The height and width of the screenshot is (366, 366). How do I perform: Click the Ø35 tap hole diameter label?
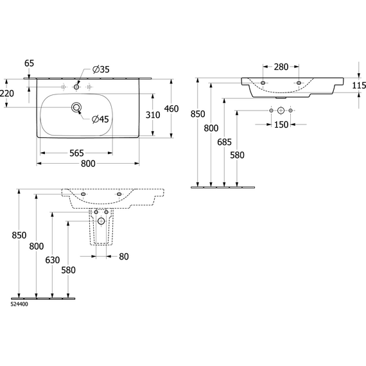click(x=101, y=69)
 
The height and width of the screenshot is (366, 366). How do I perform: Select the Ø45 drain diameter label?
click(x=100, y=119)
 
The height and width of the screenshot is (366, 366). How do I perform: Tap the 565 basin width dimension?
click(x=76, y=153)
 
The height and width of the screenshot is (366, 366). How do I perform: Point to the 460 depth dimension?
click(x=171, y=109)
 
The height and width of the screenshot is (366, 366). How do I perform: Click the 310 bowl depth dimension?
click(x=153, y=115)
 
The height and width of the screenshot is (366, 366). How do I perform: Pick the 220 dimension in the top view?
click(x=7, y=93)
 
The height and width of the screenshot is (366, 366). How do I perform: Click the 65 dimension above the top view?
click(x=29, y=63)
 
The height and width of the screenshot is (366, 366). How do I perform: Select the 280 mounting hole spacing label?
click(x=281, y=67)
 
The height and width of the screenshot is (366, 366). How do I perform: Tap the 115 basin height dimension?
click(x=359, y=85)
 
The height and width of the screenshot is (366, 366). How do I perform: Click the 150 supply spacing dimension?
click(x=281, y=125)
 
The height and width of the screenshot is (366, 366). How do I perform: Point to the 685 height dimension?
click(x=224, y=142)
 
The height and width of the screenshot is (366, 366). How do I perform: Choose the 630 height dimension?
click(x=53, y=260)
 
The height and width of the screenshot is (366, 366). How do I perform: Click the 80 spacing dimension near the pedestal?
click(x=124, y=257)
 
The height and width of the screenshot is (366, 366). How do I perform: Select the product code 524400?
click(x=19, y=304)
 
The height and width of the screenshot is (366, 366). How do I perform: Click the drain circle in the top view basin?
click(x=76, y=107)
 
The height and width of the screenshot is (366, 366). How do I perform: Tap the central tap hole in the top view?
click(x=76, y=87)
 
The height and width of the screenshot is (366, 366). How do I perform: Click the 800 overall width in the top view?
click(x=88, y=164)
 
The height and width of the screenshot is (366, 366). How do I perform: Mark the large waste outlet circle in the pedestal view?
click(x=101, y=221)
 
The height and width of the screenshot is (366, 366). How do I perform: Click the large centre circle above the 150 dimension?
click(x=281, y=110)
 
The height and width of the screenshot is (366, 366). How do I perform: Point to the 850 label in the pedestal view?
click(x=19, y=235)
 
